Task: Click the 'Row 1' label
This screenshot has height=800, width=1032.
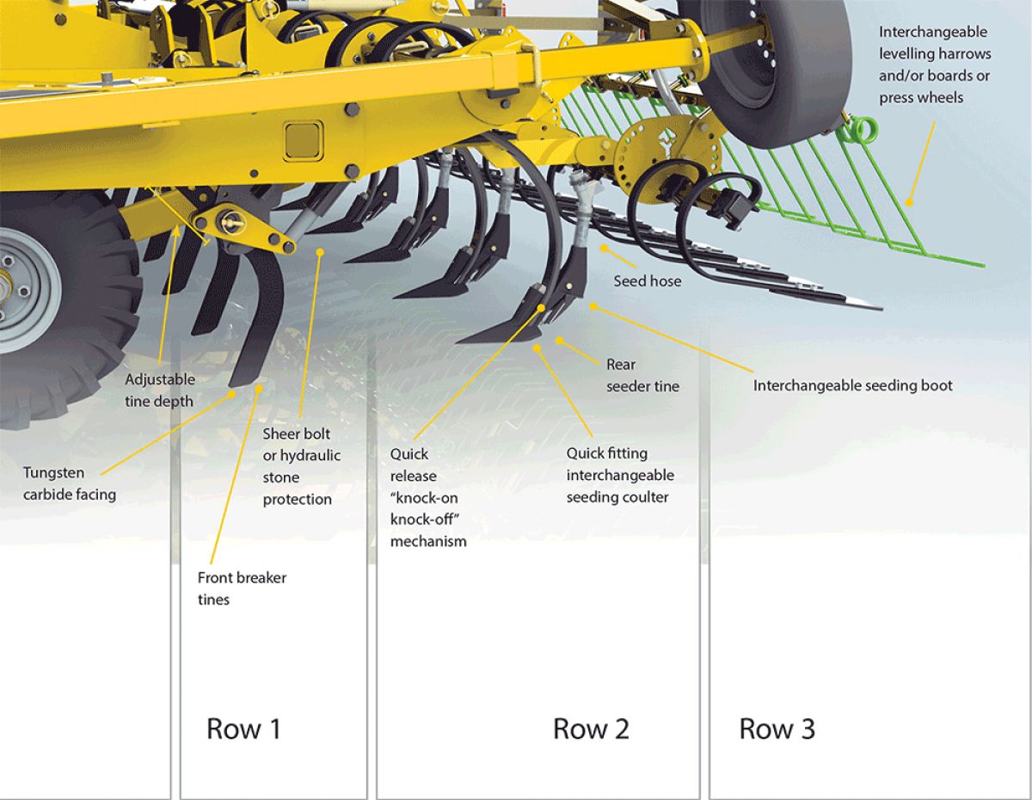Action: pos(243,729)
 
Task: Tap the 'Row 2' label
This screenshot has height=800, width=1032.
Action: pos(591,729)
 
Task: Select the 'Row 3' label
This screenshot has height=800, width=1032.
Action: pos(777,729)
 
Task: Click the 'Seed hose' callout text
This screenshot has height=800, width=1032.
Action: pos(647,281)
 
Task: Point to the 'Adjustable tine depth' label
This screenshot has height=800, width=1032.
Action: pos(160,390)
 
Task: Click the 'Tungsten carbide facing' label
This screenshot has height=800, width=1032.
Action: pos(69,483)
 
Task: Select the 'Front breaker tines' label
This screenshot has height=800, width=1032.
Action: pos(242,588)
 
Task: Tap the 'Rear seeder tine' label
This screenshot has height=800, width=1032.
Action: pos(642,375)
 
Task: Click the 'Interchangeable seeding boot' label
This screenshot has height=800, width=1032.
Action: pos(852,385)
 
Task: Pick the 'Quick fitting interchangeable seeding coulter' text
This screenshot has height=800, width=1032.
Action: pos(619,475)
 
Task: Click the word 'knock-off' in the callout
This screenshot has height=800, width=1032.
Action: pos(428,519)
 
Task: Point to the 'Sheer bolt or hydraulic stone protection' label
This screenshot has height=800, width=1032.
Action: pos(301,466)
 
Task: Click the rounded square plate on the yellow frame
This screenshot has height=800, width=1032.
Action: pos(303,139)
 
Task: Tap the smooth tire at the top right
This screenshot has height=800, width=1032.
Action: pos(757,60)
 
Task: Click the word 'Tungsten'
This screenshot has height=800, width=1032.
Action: pos(53,472)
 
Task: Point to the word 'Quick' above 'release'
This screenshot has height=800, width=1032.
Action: pos(408,453)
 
